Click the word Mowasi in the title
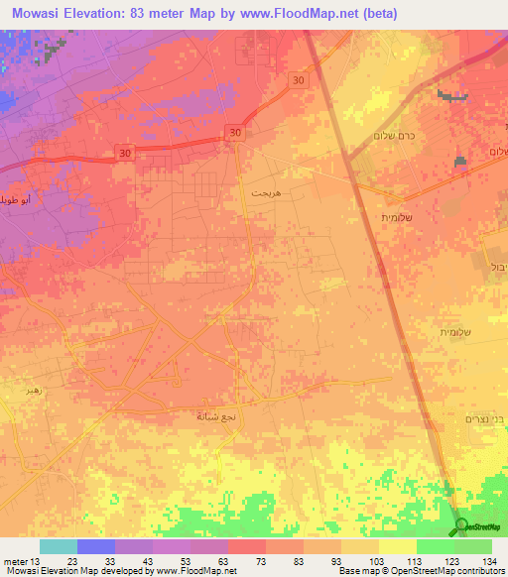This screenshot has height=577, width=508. click(41, 13)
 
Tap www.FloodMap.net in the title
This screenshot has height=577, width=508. click(312, 13)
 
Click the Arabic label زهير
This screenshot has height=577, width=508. click(37, 392)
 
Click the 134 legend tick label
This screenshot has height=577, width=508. click(490, 561)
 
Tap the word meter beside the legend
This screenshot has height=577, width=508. click(14, 561)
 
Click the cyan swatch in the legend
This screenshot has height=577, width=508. click(58, 546)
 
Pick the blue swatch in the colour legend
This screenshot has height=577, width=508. click(95, 546)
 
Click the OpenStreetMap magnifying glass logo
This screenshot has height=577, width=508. click(460, 526)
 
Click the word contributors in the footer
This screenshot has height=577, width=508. click(480, 572)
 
